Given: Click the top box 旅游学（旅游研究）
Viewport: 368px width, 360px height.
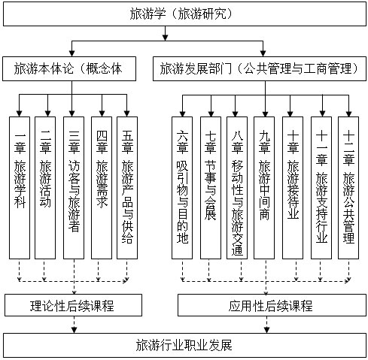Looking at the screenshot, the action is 184,14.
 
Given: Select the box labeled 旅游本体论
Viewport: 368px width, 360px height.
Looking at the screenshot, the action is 69,68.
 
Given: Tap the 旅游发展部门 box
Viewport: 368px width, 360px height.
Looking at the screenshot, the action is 260,68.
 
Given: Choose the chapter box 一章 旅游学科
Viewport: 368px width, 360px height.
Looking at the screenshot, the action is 20,188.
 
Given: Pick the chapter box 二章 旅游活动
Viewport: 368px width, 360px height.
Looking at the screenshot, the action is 45,188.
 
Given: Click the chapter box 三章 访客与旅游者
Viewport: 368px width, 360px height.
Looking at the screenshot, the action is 74,188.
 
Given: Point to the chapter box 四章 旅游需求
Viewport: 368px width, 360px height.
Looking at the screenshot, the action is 102,188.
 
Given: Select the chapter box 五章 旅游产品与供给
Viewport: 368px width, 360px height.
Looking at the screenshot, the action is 127,188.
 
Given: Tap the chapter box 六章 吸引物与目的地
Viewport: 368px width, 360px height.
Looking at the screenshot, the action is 182,188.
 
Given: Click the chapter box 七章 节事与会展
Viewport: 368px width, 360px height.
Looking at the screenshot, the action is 211,188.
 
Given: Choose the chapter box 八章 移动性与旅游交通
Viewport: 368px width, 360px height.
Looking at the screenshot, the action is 237,188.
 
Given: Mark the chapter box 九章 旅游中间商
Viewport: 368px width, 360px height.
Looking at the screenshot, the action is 264,188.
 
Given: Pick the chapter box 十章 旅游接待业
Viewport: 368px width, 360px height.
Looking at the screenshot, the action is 293,188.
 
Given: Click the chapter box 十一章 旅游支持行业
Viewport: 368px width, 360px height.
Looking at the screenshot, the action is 321,188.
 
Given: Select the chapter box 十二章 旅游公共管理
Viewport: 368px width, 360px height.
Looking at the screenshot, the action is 348,188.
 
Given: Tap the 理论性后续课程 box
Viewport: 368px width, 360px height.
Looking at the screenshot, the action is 73,305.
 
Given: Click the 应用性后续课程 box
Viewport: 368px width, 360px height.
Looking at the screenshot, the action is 272,305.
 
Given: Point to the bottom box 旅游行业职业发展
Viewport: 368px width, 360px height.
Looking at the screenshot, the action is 184,345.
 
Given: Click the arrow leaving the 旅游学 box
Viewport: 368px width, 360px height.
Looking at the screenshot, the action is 165,33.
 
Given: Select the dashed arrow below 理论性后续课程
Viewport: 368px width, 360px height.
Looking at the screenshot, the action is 74,325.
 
